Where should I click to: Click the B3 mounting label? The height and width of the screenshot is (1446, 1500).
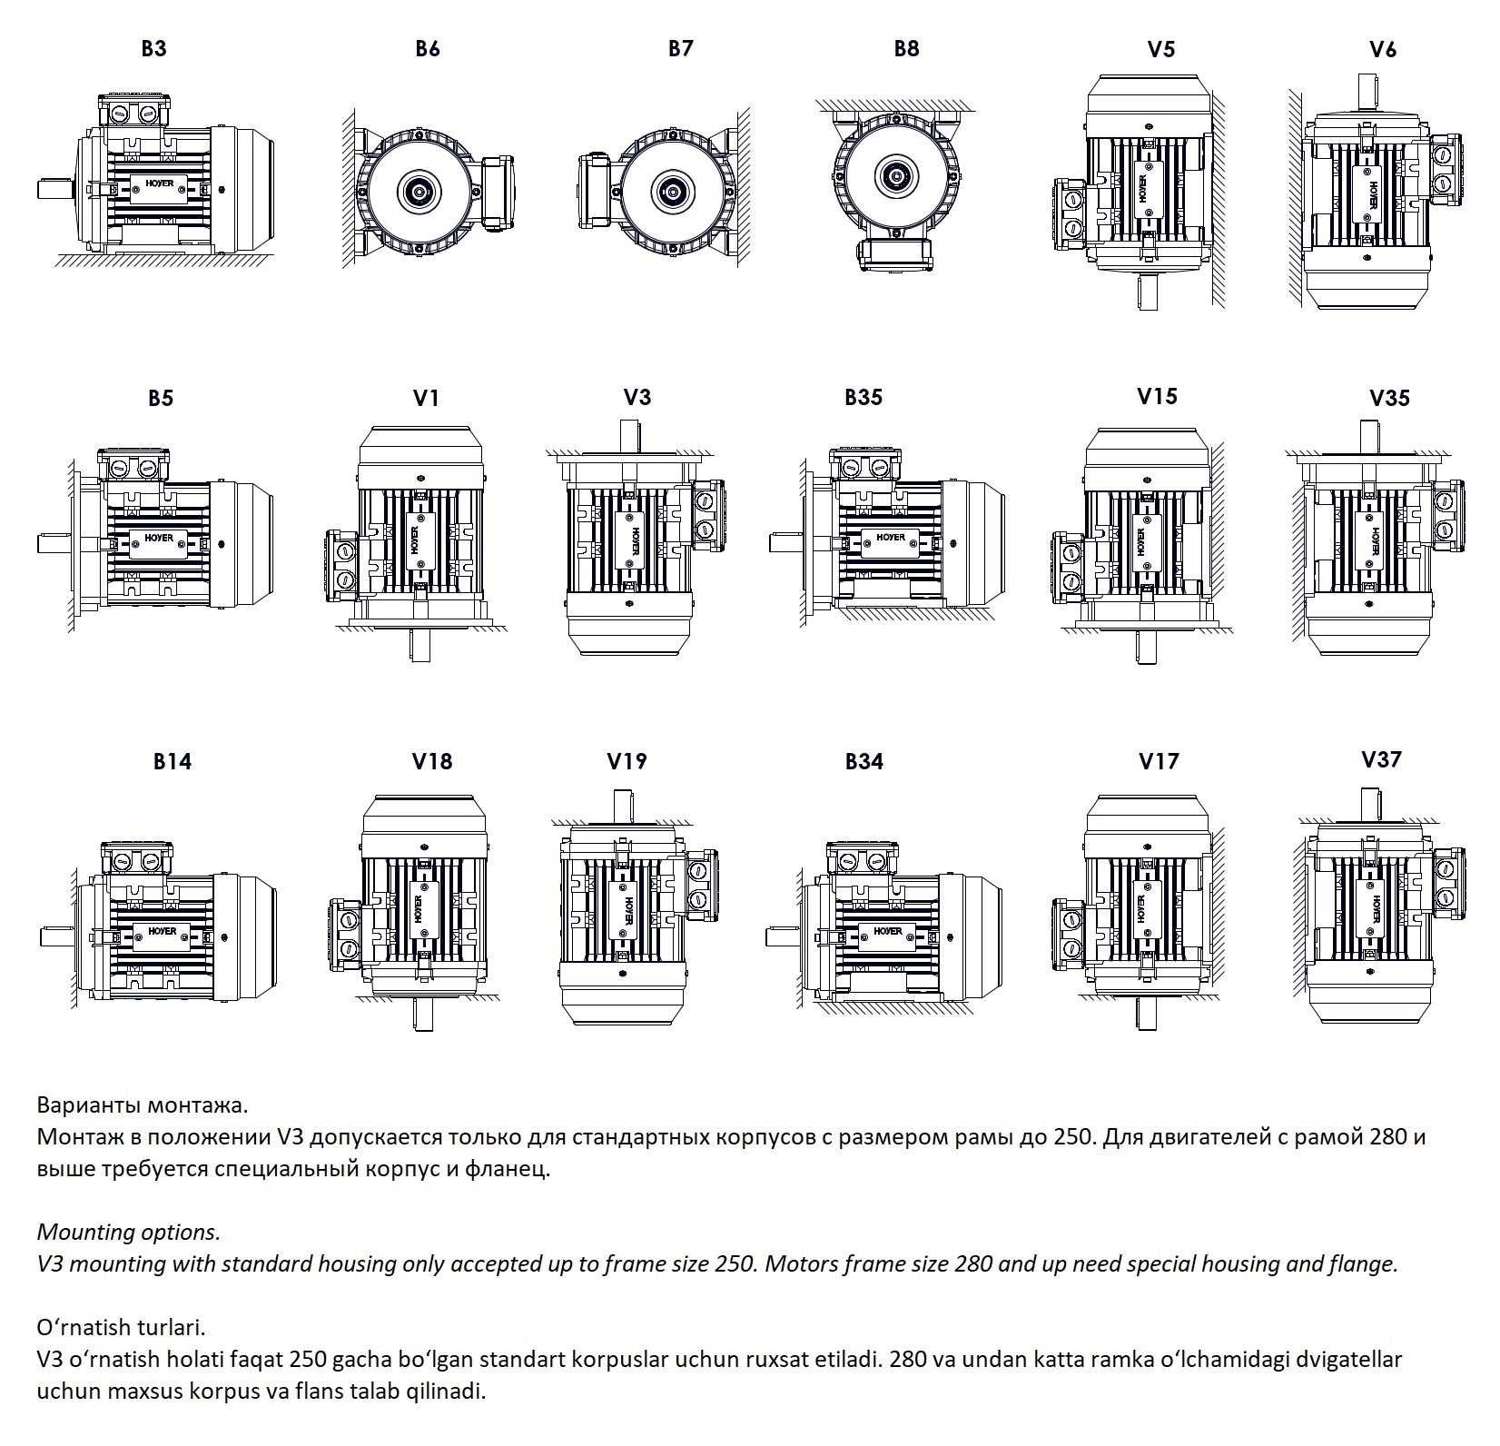pos(153,48)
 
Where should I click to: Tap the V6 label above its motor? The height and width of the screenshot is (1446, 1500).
pos(1382,49)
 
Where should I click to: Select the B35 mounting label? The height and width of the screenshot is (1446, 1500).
pos(863,397)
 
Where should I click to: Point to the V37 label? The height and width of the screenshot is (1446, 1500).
pos(1381,759)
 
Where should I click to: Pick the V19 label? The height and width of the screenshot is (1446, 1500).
pos(627,761)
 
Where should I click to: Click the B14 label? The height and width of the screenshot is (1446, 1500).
pos(172,761)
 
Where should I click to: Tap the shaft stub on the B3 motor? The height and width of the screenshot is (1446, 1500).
pos(54,189)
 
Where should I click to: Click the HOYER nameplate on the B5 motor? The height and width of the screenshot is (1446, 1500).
pos(160,538)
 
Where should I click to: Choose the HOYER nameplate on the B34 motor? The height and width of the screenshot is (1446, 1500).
pos(889,931)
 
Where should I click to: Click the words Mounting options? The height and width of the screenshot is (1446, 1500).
pos(128,1233)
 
